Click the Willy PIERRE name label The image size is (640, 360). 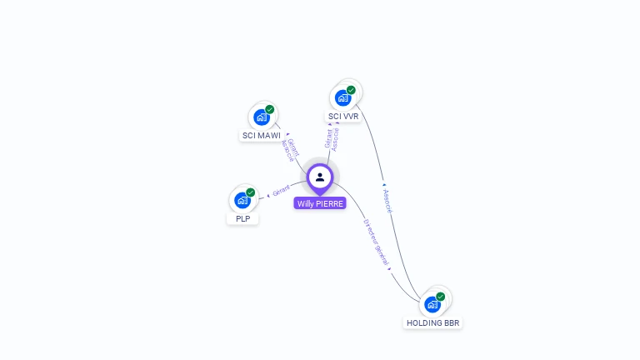tap(319, 203)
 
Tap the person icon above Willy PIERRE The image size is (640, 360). tap(320, 177)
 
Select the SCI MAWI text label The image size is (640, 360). tap(262, 135)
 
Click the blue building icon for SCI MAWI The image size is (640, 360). tap(261, 117)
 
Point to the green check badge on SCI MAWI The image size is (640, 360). tap(270, 109)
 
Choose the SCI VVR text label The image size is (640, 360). tap(343, 117)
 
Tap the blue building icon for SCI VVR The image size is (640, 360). tap(342, 98)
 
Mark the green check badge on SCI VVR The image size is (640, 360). tap(351, 90)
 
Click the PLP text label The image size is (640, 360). tap(242, 219)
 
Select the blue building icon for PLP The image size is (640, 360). tap(242, 201)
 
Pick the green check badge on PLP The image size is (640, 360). tap(251, 192)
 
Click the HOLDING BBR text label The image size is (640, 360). tap(432, 322)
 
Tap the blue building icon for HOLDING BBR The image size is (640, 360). tap(432, 304)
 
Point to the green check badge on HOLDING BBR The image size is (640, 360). tap(441, 296)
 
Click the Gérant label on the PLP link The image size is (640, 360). tap(281, 192)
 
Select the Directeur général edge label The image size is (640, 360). tap(376, 242)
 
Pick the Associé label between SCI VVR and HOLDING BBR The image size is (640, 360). tap(387, 200)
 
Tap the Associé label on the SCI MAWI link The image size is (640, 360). tap(287, 150)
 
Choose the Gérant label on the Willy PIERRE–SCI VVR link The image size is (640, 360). tap(328, 137)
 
